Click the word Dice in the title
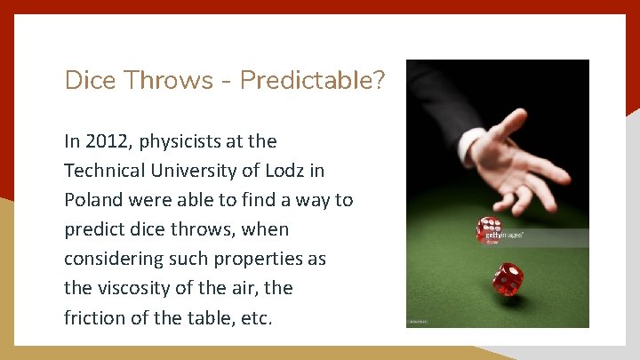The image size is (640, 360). tap(93, 81)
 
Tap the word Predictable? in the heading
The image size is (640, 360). tap(313, 81)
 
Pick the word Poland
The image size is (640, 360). tap(92, 200)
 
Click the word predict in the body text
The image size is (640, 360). tap(95, 229)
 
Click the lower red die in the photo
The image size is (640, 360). tap(508, 278)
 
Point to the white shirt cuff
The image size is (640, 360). tap(471, 141)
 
